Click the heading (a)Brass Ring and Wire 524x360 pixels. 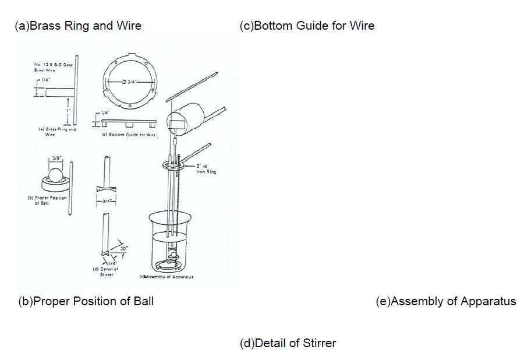coord(78,26)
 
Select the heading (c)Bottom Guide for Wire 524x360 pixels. coord(307,26)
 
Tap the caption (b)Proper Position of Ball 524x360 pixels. coord(86,301)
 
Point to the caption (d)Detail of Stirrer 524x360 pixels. coord(288,343)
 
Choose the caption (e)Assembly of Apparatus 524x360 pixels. coord(446,301)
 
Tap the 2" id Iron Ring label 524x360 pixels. coord(206,169)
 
